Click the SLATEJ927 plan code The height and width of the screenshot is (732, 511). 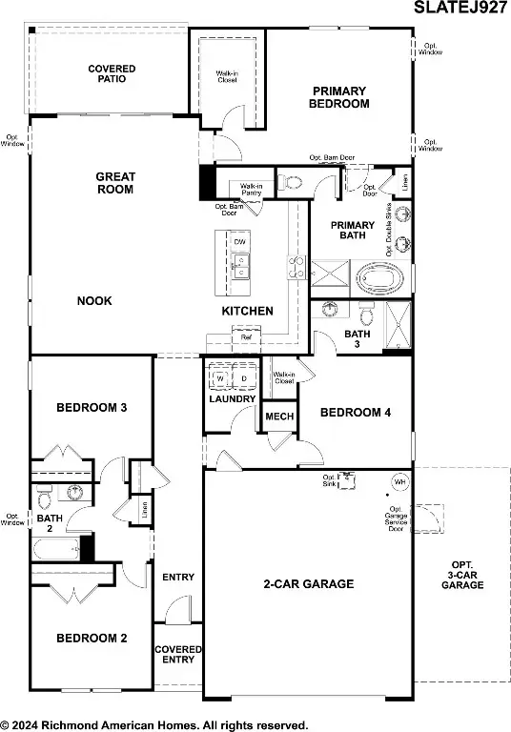coord(460,10)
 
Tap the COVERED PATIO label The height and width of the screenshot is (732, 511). coord(112,73)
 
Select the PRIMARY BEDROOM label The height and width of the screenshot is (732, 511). coord(340,97)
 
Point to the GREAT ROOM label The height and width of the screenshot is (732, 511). coord(114,183)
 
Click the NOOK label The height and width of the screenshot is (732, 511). coord(94,301)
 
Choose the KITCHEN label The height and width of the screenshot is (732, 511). coord(248,312)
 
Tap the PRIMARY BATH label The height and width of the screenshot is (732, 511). coord(352,231)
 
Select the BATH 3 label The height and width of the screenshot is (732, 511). coord(357,339)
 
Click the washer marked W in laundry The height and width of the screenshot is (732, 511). coord(220,378)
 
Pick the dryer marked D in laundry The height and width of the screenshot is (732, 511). coord(243,378)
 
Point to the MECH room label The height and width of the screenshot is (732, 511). coord(278,417)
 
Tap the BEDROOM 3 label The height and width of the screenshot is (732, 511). coord(92,408)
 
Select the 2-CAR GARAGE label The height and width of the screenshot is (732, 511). coord(309,584)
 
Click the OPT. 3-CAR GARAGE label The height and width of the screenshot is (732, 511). coord(461,578)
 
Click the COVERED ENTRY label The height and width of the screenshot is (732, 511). coord(178,656)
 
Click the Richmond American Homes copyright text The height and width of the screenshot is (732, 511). coord(153,724)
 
